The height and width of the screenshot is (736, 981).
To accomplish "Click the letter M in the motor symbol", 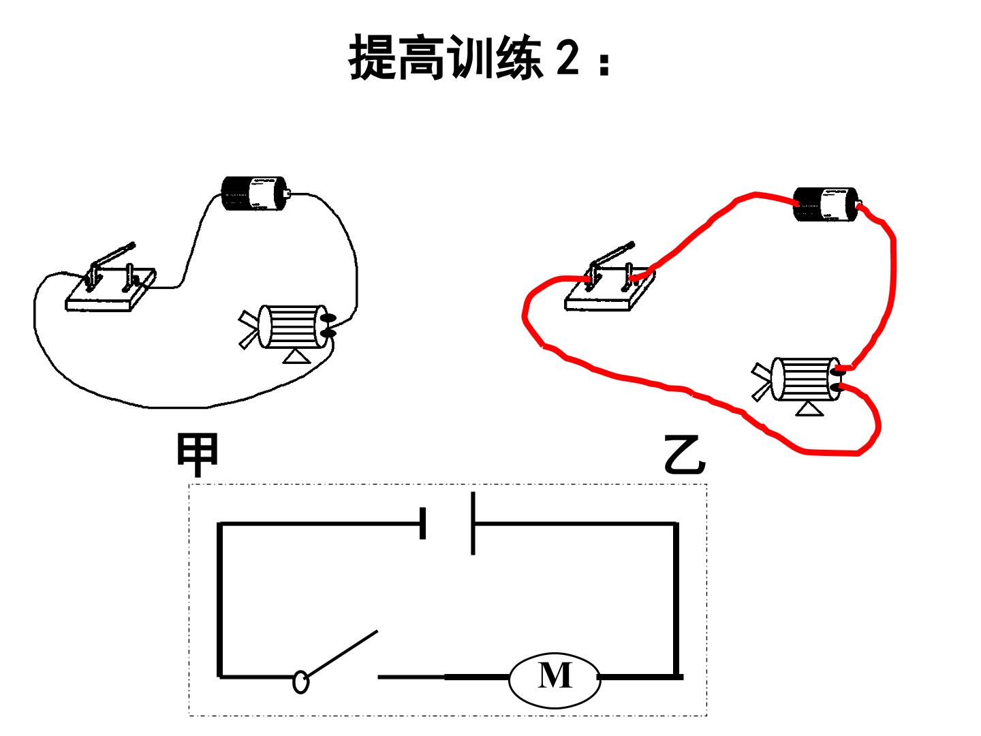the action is click(555, 675).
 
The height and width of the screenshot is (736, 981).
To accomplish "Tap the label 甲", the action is click(198, 454).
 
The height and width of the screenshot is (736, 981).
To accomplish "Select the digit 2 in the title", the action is click(567, 59).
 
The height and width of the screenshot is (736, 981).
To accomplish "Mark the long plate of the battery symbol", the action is click(473, 523).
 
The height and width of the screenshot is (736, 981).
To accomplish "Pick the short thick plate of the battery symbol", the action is click(423, 523).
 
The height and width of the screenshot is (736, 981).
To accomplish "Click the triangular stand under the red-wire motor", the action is click(809, 409).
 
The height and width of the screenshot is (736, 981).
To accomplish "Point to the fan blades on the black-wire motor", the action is click(247, 330).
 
